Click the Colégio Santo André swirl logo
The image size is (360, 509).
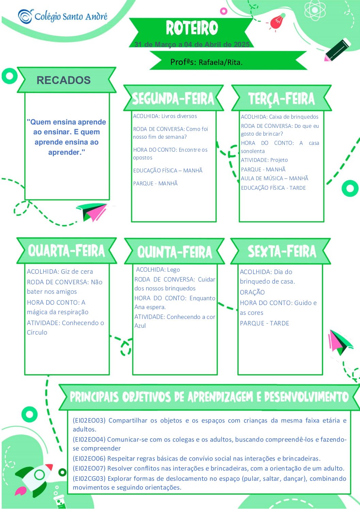[26, 16]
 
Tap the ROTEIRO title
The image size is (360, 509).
[192, 28]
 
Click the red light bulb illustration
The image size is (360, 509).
[277, 22]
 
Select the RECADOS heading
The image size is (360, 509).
[64, 80]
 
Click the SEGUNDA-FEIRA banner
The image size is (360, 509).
[173, 98]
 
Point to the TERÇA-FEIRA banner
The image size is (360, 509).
[281, 98]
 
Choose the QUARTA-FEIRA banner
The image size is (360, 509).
[66, 251]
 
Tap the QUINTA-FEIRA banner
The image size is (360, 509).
[175, 251]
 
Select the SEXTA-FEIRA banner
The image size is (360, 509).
[281, 251]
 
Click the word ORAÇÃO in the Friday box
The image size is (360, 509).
[252, 292]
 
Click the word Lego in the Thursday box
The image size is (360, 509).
[174, 270]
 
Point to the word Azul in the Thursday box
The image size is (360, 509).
[140, 326]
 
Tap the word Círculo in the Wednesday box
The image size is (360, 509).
[37, 333]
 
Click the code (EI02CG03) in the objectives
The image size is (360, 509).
[89, 478]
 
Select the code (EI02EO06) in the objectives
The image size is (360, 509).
[89, 459]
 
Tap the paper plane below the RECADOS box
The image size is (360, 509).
[92, 212]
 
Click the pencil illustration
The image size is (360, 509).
[337, 50]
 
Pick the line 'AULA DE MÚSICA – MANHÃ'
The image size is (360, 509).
[275, 179]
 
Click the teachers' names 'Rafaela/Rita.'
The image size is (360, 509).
[220, 62]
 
